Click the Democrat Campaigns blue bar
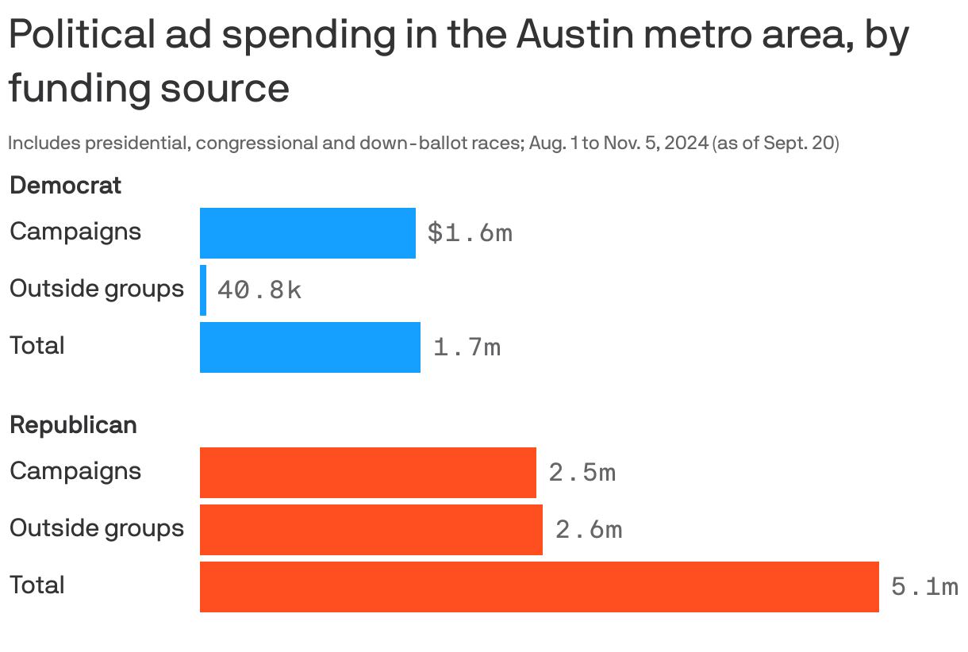pos(307,233)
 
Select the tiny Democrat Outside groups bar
pos(203,290)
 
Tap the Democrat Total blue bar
pos(309,347)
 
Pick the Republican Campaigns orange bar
pos(367,473)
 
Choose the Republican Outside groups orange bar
pos(371,530)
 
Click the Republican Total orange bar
pos(539,587)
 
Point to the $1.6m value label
pos(470,233)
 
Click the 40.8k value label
pos(259,290)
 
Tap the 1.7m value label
pos(467,347)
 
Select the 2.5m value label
pos(582,473)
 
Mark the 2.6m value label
pos(589,530)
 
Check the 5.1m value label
pos(924,587)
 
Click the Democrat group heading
pos(65,186)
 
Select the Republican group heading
pos(73,425)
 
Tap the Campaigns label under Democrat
pos(75,232)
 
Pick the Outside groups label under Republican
pos(97,528)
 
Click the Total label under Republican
pos(37,585)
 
